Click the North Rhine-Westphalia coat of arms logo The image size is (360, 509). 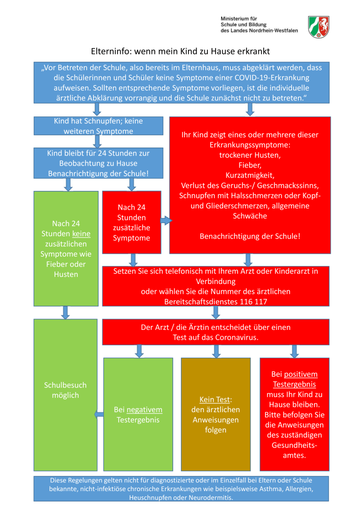tap(319, 27)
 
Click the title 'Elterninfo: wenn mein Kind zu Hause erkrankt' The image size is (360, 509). tap(180, 51)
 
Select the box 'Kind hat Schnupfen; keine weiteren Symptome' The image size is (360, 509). tap(98, 126)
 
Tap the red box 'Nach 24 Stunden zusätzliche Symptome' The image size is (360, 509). tap(131, 222)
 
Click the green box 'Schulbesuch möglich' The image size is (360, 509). tap(65, 390)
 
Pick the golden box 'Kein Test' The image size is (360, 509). tap(216, 414)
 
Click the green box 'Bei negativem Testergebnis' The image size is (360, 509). tap(138, 414)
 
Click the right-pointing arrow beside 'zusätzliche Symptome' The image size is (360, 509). tap(166, 221)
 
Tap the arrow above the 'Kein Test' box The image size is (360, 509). tap(216, 351)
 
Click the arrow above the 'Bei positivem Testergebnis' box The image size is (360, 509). tap(294, 351)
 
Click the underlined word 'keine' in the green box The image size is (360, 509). tap(81, 234)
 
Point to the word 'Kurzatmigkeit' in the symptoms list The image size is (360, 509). tap(250, 175)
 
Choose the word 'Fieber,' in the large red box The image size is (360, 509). tap(250, 165)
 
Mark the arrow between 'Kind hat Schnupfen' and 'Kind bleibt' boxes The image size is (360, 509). tap(97, 141)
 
